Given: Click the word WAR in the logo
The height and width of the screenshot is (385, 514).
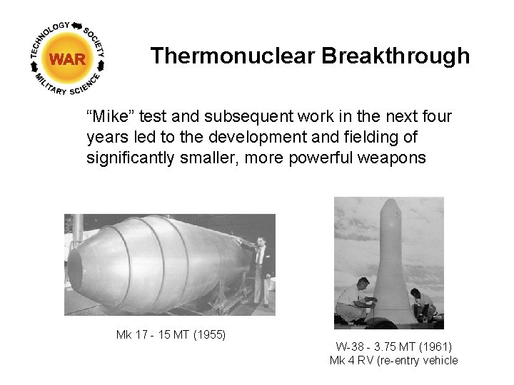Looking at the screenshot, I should point(68,59).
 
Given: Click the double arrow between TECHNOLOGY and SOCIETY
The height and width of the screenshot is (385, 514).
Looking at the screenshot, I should point(76,26).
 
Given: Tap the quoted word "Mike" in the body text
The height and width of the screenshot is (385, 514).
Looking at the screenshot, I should point(108,115).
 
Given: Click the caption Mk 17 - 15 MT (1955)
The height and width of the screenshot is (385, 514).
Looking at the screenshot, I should point(171,334).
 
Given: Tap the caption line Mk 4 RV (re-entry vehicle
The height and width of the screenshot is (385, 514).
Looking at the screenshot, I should point(393,360).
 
